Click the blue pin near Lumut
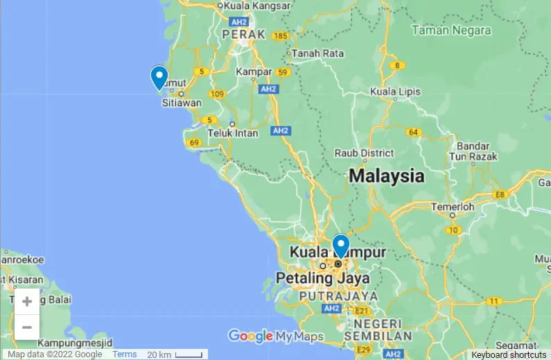point(159,76)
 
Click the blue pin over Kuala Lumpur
point(340,246)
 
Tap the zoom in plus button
point(27,301)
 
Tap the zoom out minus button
point(27,327)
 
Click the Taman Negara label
point(451,31)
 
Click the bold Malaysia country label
point(387,175)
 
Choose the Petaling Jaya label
point(322,278)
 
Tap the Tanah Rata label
point(319,53)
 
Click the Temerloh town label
point(453,207)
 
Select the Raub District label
point(364,153)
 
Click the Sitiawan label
point(181,103)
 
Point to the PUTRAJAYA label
point(339,295)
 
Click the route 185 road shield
point(280,36)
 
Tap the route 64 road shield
point(414,132)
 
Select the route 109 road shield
point(218,94)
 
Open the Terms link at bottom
point(125,354)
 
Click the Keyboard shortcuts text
point(509,354)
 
